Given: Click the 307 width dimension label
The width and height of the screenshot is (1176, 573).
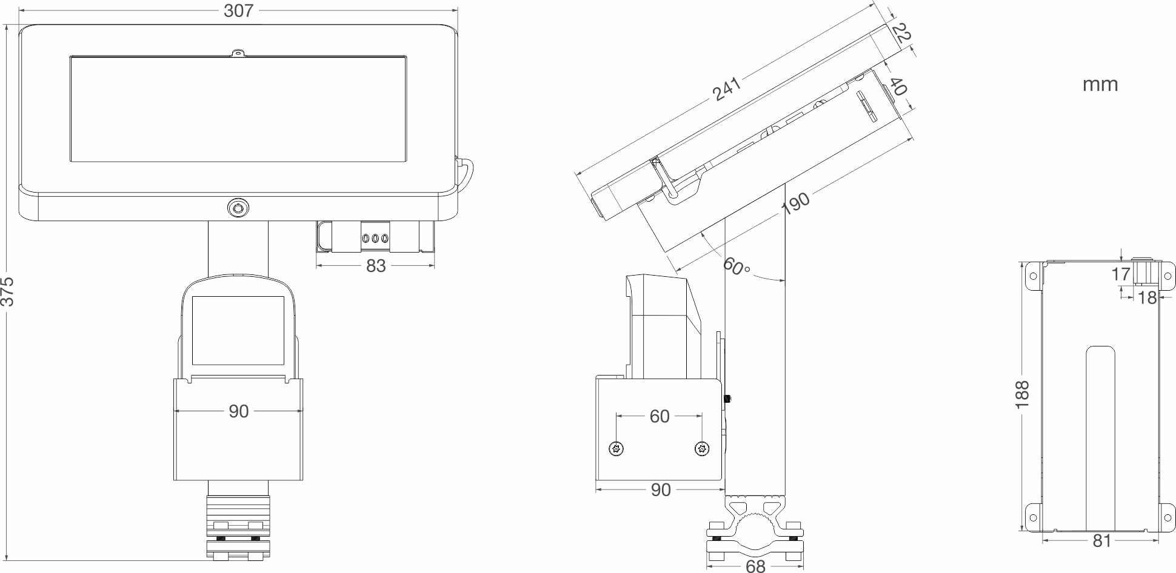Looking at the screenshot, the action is point(238,10).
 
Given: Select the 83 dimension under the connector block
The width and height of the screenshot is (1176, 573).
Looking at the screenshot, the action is point(376,266).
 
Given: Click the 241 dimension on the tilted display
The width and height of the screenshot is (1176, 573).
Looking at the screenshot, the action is point(727,89).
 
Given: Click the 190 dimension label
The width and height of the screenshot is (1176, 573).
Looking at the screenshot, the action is point(795,204).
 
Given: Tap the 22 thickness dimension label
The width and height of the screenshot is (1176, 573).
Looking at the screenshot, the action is point(902,33).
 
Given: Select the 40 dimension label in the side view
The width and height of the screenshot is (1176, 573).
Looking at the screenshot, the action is point(898,86).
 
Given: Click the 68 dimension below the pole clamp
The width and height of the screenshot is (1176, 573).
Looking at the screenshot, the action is point(755,566).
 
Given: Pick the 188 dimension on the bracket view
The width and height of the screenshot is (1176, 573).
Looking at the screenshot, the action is point(1022,394).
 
